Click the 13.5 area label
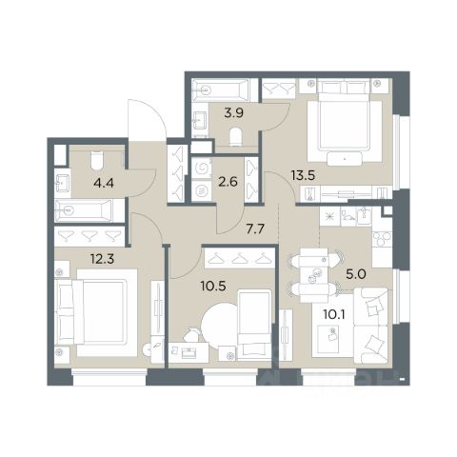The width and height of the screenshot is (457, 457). (x=304, y=175)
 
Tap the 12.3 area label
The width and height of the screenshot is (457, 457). (x=102, y=259)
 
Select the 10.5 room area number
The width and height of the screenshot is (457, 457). (x=213, y=287)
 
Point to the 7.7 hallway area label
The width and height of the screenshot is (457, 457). (x=255, y=228)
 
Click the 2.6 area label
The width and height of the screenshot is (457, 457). (x=228, y=182)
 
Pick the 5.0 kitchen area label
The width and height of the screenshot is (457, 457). (x=356, y=274)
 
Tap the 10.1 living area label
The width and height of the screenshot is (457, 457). (x=334, y=315)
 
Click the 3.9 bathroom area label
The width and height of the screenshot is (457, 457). (x=234, y=113)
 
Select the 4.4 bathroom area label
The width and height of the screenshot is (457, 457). (x=104, y=183)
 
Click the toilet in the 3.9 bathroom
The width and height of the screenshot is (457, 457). (x=235, y=136)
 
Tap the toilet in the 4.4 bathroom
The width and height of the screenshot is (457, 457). (x=97, y=160)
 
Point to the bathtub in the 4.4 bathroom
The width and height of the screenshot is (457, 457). (x=84, y=210)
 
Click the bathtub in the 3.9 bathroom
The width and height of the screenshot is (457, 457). (x=221, y=90)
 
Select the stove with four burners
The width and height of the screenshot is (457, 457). (x=382, y=240)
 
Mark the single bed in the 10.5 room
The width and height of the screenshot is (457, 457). (x=254, y=325)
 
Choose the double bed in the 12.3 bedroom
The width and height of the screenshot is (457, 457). (x=96, y=312)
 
